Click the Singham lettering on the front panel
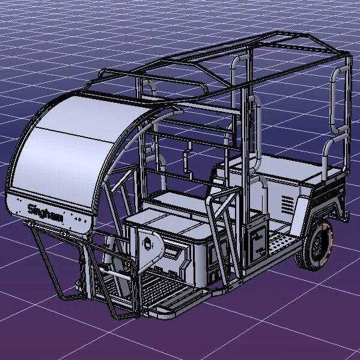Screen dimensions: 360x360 pos(45,213)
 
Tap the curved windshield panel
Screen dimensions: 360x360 pos(76,149)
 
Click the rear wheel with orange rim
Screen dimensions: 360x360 pos(317,245)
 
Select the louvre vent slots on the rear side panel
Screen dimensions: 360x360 pos(287,205)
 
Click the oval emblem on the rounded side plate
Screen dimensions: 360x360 pos(148,243)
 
